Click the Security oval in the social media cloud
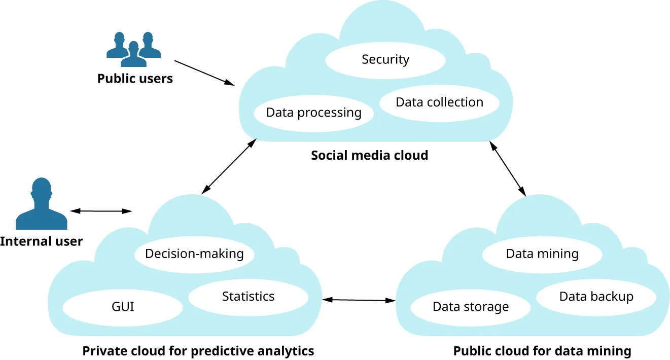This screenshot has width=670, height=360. click(x=385, y=60)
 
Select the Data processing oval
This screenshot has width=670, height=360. click(x=313, y=113)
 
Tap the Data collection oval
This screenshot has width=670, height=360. click(x=439, y=102)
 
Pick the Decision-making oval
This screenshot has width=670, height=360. click(x=194, y=254)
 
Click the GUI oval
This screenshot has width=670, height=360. click(x=123, y=307)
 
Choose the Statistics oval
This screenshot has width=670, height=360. click(x=248, y=297)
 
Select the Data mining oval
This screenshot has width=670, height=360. click(x=542, y=254)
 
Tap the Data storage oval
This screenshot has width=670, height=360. click(x=470, y=307)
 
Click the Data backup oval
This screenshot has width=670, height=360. click(x=596, y=297)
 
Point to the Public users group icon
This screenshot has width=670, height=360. click(x=133, y=49)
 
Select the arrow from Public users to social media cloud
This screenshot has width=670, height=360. click(x=204, y=73)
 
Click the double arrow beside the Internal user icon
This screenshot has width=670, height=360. click(x=101, y=211)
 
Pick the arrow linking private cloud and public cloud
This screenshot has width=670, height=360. click(x=359, y=300)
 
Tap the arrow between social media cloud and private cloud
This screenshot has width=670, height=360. click(x=228, y=166)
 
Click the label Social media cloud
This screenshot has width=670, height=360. click(x=369, y=155)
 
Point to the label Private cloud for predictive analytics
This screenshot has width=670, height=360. click(x=198, y=351)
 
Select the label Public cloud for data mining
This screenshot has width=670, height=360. click(x=542, y=351)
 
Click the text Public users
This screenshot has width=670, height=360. click(x=135, y=79)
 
